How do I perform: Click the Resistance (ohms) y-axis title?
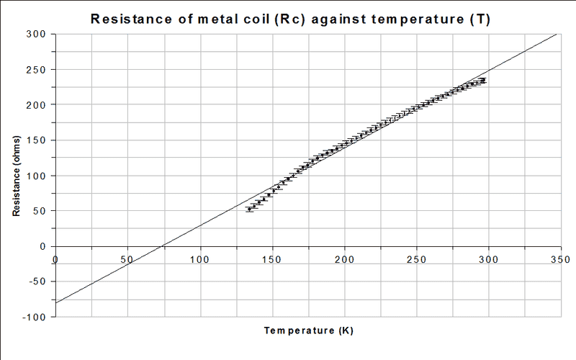point(15,175)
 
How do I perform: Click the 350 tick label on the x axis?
point(560,258)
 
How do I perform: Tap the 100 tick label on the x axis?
point(199,258)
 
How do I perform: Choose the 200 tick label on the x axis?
point(344,258)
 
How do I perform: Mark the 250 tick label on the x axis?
point(416,258)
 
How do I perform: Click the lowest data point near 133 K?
point(249,209)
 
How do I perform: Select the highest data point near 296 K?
point(483,80)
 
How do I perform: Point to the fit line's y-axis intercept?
point(56,302)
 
